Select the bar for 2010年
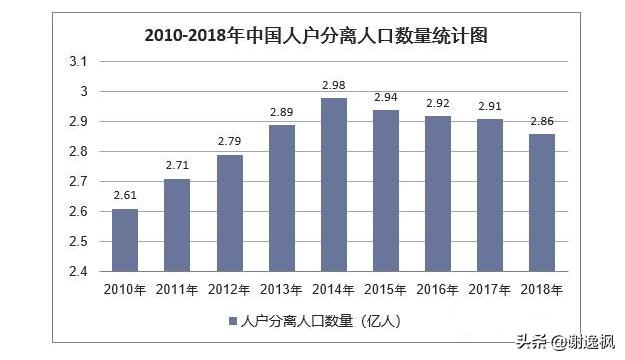126,240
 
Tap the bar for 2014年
334,185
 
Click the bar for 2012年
230,213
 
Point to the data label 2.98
334,87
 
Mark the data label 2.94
386,99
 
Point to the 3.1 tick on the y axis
78,62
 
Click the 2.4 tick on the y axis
78,271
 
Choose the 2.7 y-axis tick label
78,182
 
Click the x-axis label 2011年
178,289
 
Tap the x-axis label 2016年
438,289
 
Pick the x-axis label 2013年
282,289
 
